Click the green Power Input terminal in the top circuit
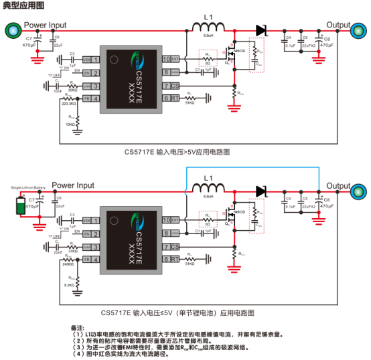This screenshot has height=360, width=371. pyautogui.click(x=12, y=29)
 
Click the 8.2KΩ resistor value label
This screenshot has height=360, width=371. pyautogui.click(x=70, y=284)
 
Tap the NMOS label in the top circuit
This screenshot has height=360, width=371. pyautogui.click(x=238, y=50)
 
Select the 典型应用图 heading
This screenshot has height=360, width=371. pyautogui.click(x=19, y=6)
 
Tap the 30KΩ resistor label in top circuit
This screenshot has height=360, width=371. pyautogui.click(x=72, y=90)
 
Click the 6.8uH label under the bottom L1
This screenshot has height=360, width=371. pyautogui.click(x=208, y=197)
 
